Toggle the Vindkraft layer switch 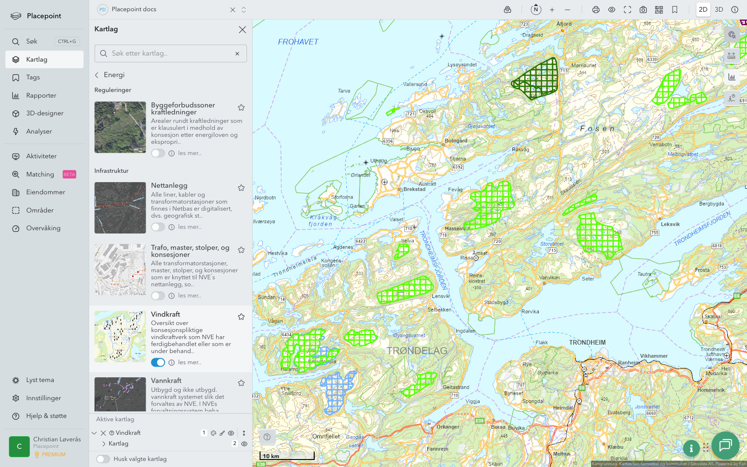(158, 362)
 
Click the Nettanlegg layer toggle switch (158, 227)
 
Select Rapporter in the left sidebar (41, 95)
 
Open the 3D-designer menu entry (44, 113)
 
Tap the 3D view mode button (719, 9)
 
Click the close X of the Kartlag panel (242, 29)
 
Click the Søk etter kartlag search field (170, 54)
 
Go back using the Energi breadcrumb (110, 75)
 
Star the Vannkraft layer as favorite (241, 383)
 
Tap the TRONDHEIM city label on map (587, 342)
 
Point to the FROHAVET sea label (298, 42)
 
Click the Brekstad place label (415, 189)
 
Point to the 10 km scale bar (286, 456)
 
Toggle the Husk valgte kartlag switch (103, 459)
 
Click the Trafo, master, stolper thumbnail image (120, 269)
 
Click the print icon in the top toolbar (596, 9)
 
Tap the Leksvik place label (670, 224)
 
